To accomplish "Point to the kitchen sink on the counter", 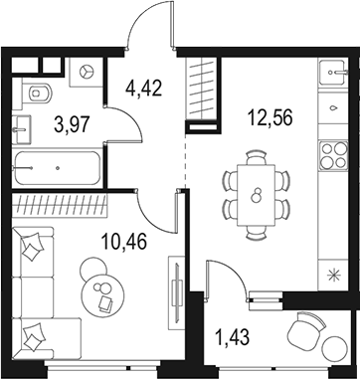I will click(330, 75).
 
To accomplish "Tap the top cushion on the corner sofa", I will click(35, 242).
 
